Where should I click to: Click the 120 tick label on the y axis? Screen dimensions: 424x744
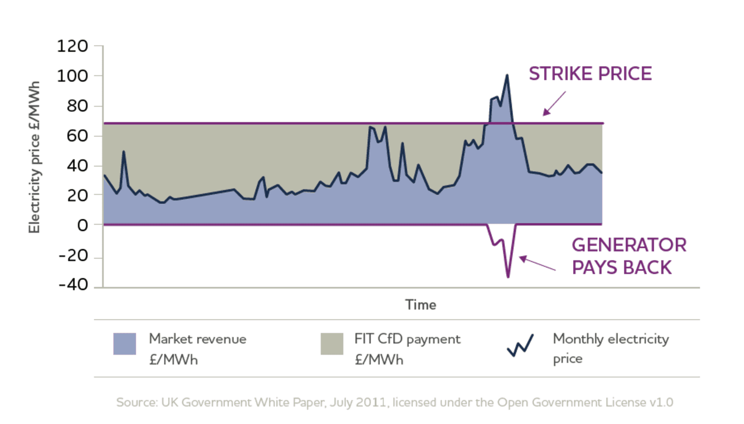(72, 46)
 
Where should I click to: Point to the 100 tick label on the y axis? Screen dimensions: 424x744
(72, 76)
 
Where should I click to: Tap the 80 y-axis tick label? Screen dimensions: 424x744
(77, 106)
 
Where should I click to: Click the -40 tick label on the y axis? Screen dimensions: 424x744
(73, 285)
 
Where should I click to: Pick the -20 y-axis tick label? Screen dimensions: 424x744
(73, 255)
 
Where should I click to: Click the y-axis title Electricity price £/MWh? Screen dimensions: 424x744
(34, 157)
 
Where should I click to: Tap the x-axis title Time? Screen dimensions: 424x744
(420, 305)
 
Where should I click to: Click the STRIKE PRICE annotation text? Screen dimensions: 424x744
(590, 74)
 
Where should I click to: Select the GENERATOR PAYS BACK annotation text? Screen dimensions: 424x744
(628, 256)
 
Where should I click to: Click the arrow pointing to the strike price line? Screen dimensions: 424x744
(554, 104)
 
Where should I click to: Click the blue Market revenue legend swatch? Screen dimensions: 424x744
(124, 344)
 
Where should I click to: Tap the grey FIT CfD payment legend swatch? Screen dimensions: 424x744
(332, 344)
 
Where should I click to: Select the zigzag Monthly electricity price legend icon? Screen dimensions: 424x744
(520, 345)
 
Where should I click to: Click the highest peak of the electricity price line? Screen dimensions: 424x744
(507, 76)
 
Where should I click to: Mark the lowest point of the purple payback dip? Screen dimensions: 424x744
(508, 277)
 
